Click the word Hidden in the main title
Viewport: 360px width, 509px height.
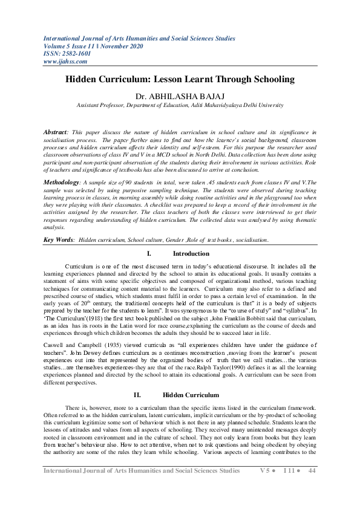point(85,79)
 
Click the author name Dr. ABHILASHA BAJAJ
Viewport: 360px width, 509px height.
point(180,96)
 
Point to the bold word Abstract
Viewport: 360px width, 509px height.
point(57,131)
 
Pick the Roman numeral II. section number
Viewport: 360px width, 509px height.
point(137,378)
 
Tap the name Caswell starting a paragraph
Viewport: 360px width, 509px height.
point(54,333)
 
